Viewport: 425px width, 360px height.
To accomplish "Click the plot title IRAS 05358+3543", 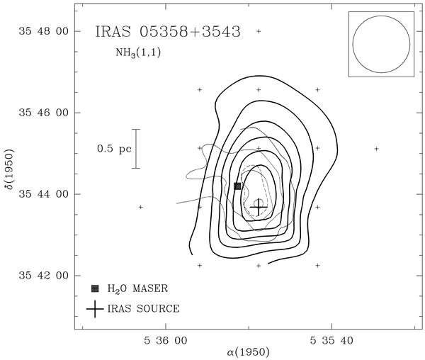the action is pyautogui.click(x=168, y=32).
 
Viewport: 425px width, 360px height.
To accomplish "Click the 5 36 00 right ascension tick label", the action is pyautogui.click(x=166, y=340).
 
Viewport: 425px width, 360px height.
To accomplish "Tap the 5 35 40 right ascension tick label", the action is pyautogui.click(x=331, y=340).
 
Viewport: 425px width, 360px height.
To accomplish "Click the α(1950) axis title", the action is pyautogui.click(x=249, y=352).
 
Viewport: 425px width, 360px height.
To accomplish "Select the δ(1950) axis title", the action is pyautogui.click(x=10, y=173).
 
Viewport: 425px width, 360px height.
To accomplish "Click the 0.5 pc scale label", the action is pyautogui.click(x=114, y=149).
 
